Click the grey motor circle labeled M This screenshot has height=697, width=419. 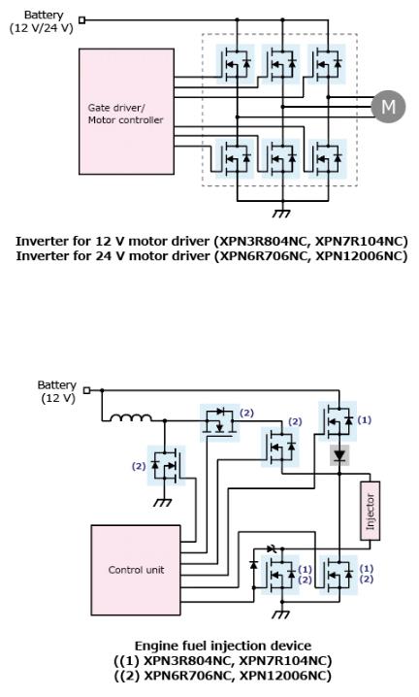[x=388, y=107]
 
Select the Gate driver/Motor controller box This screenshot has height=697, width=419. [x=127, y=111]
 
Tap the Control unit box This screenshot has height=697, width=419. [x=136, y=570]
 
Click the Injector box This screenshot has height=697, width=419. [x=371, y=511]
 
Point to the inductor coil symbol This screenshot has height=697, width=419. [x=130, y=417]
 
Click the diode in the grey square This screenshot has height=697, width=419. [x=339, y=455]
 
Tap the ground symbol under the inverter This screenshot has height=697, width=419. [x=281, y=214]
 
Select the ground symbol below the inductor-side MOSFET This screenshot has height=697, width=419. [x=164, y=503]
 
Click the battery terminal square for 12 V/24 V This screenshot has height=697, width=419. [x=81, y=19]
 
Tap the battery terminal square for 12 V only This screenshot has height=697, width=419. [x=87, y=390]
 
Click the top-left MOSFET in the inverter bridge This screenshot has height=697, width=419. [x=236, y=64]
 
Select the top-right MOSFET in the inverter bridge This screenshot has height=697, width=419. [x=327, y=64]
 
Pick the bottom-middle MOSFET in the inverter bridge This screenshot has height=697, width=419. [x=281, y=158]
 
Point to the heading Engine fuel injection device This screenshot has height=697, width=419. [x=223, y=646]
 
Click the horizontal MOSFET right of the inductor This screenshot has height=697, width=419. [x=220, y=422]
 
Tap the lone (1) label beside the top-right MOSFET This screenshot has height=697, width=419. [x=365, y=420]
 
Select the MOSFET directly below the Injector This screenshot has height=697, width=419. [x=338, y=575]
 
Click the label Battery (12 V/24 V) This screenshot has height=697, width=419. [x=42, y=21]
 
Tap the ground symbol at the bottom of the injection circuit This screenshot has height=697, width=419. [x=281, y=614]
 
